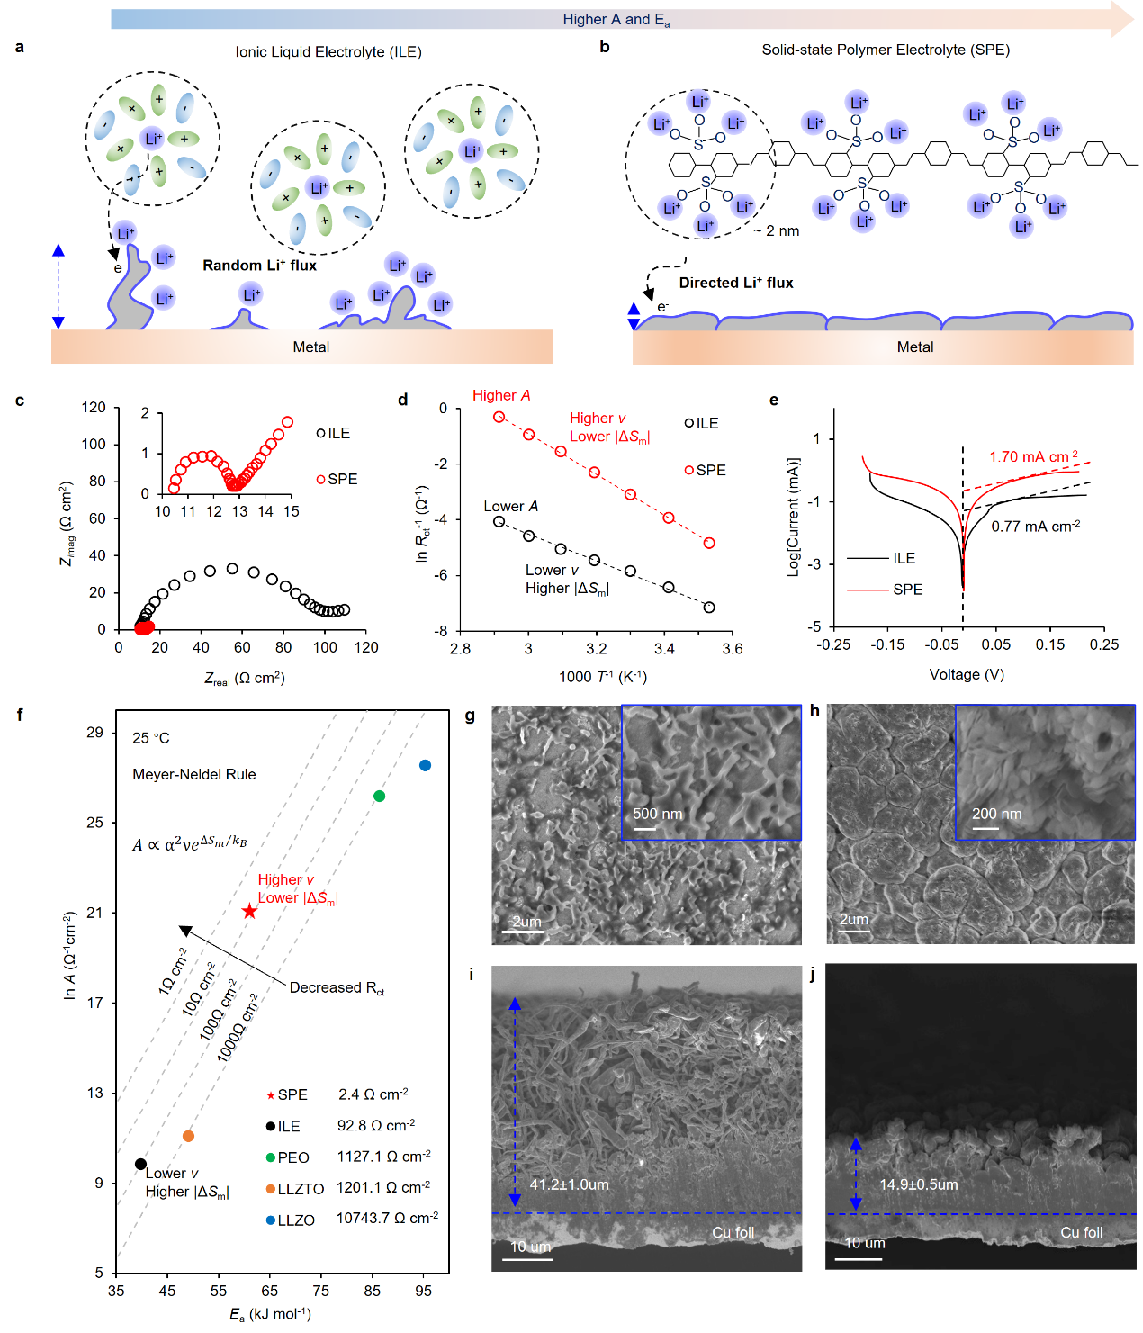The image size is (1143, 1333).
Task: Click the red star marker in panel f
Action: pos(249,912)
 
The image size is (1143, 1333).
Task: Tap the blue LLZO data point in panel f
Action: pos(425,765)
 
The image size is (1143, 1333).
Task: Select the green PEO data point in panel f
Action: pos(379,796)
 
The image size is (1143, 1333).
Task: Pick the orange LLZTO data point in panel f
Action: pos(188,1136)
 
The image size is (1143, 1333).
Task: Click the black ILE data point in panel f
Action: pos(140,1164)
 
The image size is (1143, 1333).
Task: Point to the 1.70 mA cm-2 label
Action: pos(1033,456)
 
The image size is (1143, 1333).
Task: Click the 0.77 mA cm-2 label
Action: pos(1035,526)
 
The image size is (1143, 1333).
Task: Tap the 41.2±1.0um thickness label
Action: pos(569,1184)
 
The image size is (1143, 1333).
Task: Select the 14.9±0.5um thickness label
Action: pos(918,1184)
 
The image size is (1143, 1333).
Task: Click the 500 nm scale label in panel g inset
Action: pos(657,814)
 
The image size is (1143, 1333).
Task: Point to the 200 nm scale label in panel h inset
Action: pos(996,814)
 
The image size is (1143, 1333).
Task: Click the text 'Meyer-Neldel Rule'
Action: pos(193,774)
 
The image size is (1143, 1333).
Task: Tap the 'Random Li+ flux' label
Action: pos(259,266)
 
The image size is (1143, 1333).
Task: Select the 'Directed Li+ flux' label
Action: pos(735,283)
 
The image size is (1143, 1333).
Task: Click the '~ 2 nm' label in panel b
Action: pos(777,231)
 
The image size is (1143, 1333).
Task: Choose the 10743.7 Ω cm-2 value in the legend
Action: pos(387,1218)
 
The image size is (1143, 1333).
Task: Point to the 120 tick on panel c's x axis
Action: pos(366,647)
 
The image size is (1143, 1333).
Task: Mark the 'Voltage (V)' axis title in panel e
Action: pos(967,674)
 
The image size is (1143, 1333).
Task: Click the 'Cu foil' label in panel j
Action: pos(1081,1232)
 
